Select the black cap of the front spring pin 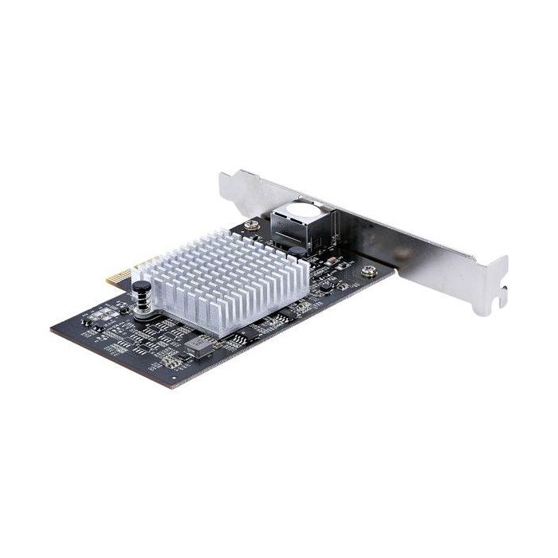pos(140,285)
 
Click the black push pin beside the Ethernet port pos(296,250)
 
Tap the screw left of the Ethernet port pos(251,225)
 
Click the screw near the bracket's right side pos(368,272)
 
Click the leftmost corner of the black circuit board pos(53,328)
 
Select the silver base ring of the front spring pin pos(143,313)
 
